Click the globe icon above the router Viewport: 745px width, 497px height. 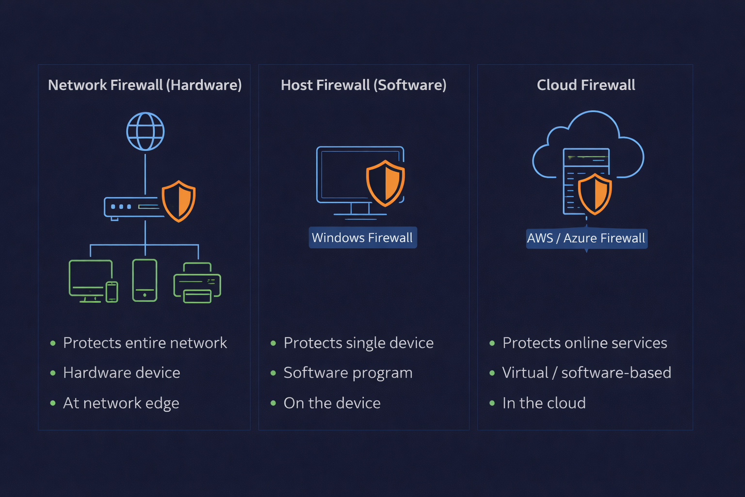146,132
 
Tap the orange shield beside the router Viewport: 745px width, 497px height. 178,201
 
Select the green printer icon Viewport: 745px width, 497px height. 197,282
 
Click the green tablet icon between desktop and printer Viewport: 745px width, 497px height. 145,281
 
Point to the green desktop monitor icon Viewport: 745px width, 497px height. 91,279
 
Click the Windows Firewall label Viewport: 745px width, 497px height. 362,238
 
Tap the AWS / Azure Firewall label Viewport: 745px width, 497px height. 586,238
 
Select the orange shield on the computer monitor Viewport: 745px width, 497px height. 385,183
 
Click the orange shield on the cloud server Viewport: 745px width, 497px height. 595,194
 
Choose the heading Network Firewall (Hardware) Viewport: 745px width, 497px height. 145,85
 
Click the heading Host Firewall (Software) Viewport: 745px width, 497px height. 363,85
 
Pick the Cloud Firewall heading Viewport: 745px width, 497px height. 586,85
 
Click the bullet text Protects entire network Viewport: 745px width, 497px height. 145,343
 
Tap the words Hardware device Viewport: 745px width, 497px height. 121,373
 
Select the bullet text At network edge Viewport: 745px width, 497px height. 121,403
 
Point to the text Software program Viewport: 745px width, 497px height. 348,373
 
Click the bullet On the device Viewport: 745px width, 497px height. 332,403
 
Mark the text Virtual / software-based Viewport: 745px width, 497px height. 586,373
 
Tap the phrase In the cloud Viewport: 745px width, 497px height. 544,403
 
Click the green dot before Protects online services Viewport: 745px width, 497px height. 492,343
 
